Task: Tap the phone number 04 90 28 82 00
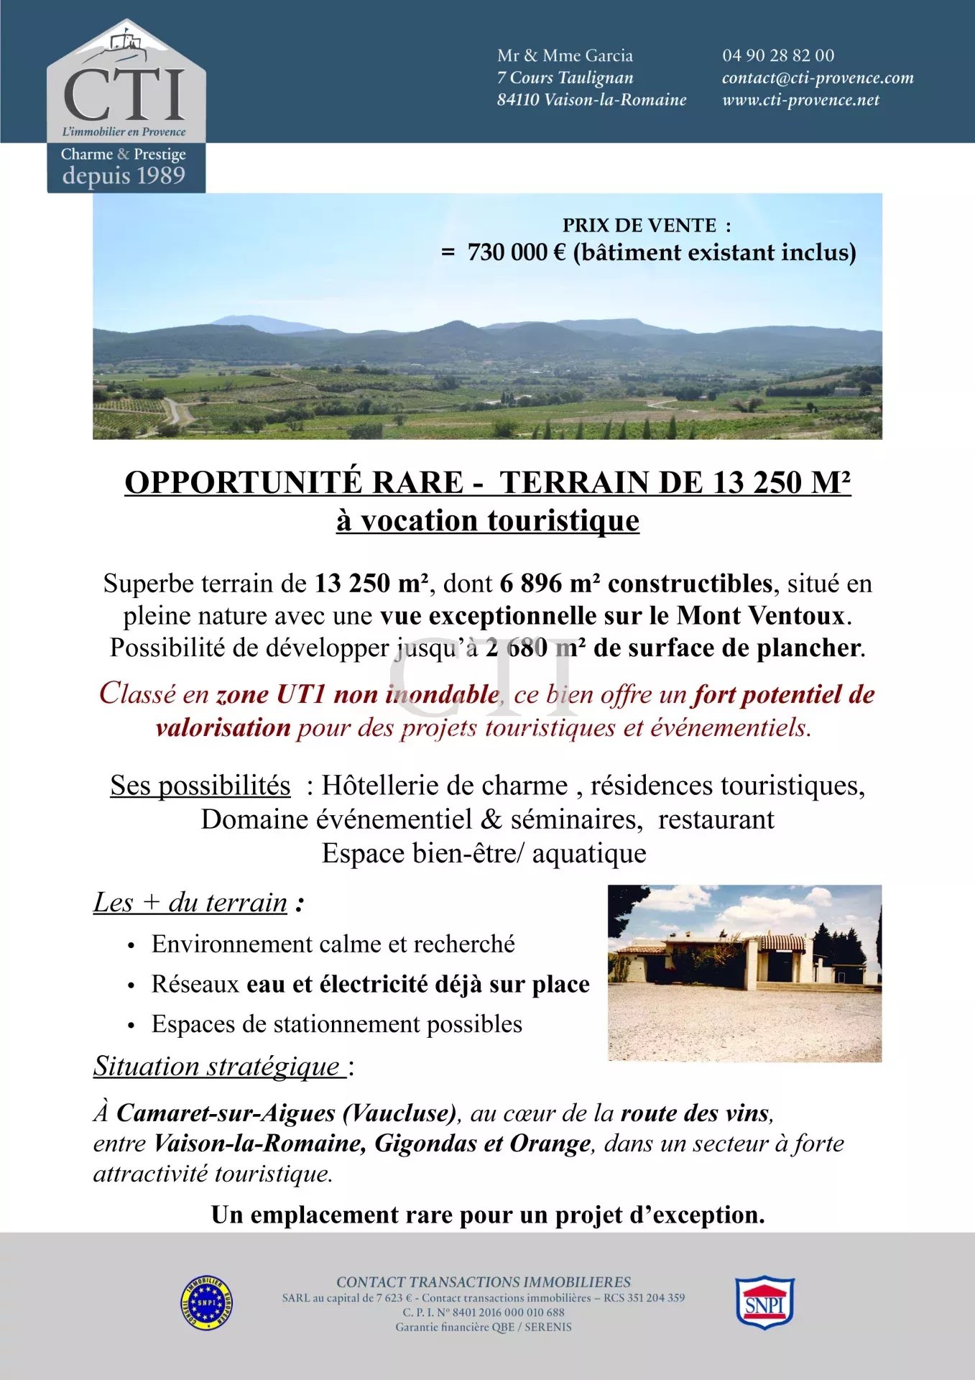tap(778, 55)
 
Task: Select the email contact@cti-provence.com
tap(818, 78)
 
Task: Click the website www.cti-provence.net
tap(800, 100)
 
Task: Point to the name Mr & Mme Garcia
tap(565, 55)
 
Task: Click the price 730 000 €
tap(516, 253)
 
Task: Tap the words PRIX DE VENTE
tap(639, 226)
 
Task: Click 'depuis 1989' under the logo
tap(124, 175)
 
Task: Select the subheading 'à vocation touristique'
tap(487, 520)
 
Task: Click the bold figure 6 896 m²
tap(549, 584)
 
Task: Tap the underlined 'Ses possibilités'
tap(200, 786)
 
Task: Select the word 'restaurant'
tap(716, 819)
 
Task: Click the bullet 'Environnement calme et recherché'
tap(333, 944)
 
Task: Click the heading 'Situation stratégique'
tap(219, 1066)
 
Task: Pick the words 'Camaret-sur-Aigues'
tap(226, 1113)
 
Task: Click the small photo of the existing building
tap(744, 973)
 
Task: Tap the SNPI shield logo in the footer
tap(764, 1302)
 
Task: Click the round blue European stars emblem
tap(206, 1302)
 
